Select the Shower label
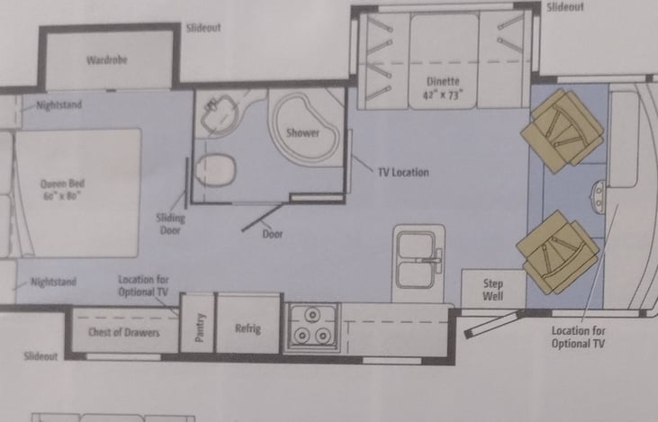[302, 133]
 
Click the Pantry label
[201, 329]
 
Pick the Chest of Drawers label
[123, 332]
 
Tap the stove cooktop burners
[311, 327]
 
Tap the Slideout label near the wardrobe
[203, 28]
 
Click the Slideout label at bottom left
[40, 356]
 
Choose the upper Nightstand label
[59, 105]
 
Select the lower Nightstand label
[54, 282]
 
